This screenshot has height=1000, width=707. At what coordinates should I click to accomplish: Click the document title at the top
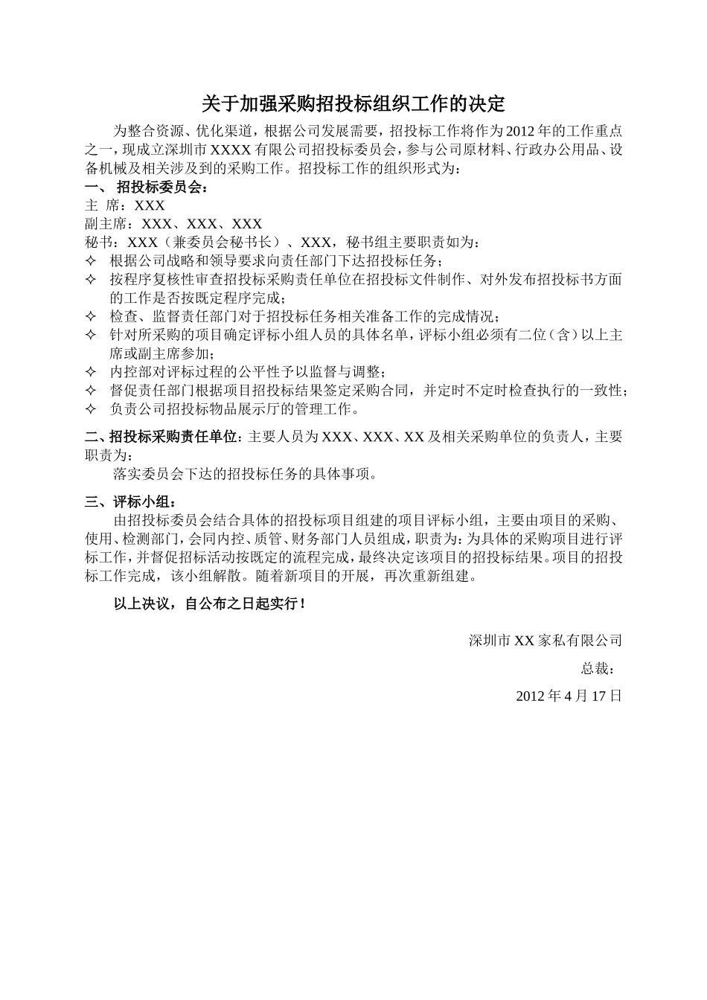tap(353, 103)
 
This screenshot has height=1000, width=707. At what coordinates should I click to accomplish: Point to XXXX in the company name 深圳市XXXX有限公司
tap(234, 150)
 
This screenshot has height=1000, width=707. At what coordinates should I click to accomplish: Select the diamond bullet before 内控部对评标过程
tap(92, 372)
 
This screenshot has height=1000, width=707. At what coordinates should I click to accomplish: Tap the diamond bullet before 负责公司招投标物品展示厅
tap(92, 408)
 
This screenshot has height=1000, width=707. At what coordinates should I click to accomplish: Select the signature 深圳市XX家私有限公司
tap(545, 641)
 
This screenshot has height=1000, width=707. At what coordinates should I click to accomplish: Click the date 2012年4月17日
tap(568, 696)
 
